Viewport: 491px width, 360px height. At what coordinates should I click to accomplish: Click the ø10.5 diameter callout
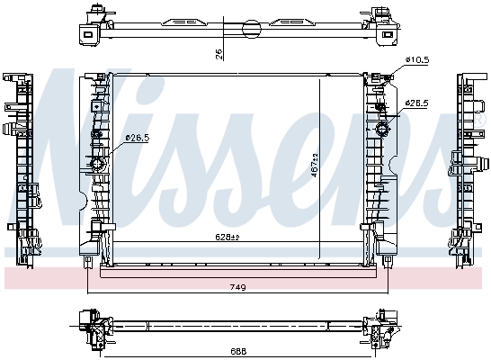418,59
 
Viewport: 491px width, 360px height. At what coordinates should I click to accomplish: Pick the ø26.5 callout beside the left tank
137,138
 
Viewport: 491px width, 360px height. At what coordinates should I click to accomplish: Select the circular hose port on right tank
381,131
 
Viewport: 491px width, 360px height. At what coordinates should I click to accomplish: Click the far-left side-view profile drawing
22,166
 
